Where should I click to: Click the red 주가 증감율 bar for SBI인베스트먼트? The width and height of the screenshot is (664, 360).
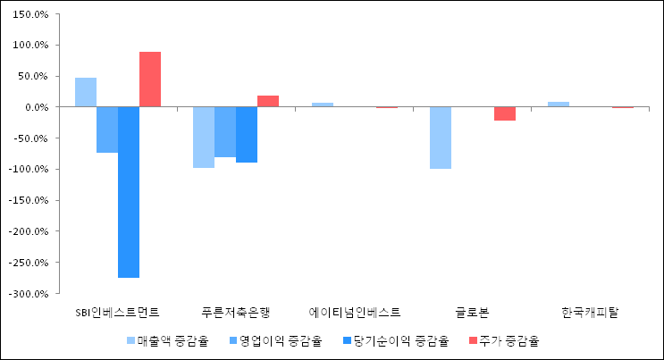click(x=150, y=80)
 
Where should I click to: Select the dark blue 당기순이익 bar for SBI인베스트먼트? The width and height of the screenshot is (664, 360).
click(x=129, y=192)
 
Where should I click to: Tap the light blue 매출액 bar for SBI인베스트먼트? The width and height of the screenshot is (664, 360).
click(x=86, y=92)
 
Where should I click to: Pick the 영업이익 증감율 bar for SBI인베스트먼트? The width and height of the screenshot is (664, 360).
click(x=107, y=130)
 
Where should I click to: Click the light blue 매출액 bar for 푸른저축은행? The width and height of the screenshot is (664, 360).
click(x=204, y=137)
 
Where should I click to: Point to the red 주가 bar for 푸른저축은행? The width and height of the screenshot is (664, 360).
click(x=268, y=101)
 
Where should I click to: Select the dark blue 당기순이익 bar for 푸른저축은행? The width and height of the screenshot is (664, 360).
click(x=247, y=134)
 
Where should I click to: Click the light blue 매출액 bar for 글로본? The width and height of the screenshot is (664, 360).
click(x=441, y=138)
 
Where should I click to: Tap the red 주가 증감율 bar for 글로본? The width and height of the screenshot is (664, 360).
click(x=505, y=113)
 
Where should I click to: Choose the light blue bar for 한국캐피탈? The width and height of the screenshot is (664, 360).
click(x=559, y=105)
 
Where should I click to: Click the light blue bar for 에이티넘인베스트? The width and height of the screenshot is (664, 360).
click(x=323, y=105)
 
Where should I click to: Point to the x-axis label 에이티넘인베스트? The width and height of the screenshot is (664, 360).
click(x=355, y=313)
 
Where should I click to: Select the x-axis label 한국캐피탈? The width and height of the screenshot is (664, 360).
click(x=591, y=313)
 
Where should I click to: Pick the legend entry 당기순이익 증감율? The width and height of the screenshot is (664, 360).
click(x=394, y=340)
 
